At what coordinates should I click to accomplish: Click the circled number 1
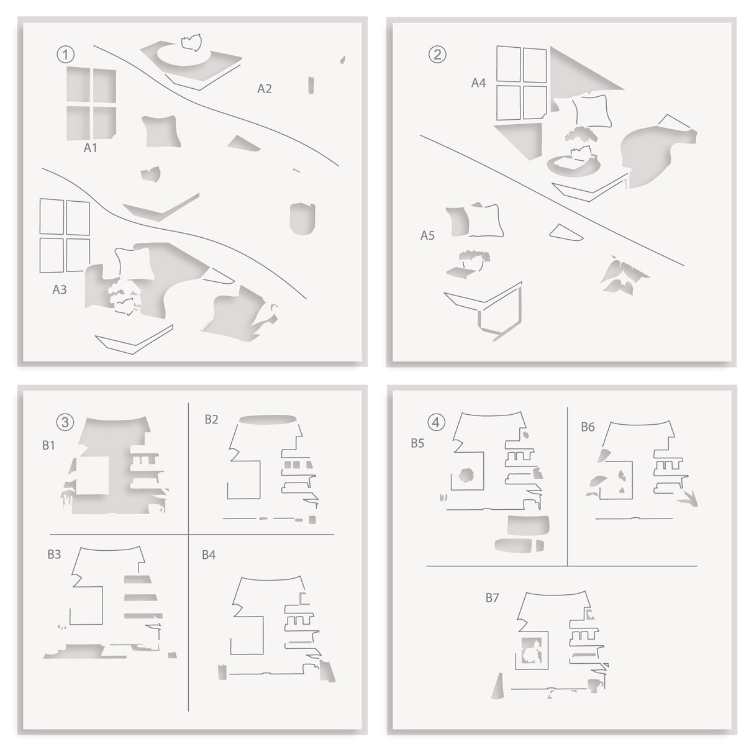(x=63, y=55)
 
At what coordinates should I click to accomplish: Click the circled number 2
(x=437, y=54)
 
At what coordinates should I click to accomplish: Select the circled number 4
(x=437, y=423)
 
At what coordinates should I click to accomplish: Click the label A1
(x=91, y=149)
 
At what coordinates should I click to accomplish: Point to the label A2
(x=265, y=89)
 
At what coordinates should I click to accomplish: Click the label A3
(x=60, y=289)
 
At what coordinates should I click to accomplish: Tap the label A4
(x=478, y=83)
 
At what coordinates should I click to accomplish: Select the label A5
(x=427, y=236)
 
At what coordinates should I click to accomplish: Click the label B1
(x=49, y=445)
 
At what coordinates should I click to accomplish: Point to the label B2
(x=211, y=419)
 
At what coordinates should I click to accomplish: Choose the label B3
(x=54, y=555)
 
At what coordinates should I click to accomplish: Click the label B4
(x=209, y=555)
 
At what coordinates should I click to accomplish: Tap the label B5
(x=417, y=443)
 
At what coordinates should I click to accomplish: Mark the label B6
(x=588, y=427)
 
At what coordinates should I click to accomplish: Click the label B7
(x=493, y=598)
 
